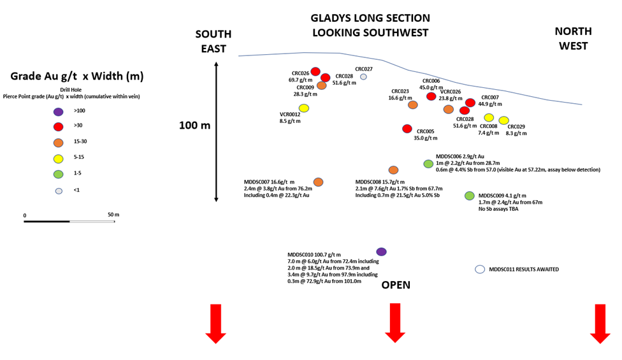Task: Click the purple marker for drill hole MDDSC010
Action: (381, 252)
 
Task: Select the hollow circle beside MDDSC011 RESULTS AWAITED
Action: (480, 270)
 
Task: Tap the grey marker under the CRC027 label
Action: (363, 77)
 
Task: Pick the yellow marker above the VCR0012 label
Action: (304, 108)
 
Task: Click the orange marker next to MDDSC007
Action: (318, 182)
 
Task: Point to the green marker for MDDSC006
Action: (428, 164)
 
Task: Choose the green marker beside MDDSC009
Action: (469, 196)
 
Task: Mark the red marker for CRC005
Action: (407, 129)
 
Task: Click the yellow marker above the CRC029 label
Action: (504, 120)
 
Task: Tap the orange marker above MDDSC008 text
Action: (393, 170)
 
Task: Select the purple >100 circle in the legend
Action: (59, 112)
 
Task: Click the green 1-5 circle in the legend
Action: (59, 174)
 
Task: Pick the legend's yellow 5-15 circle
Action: (59, 159)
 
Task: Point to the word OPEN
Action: (396, 285)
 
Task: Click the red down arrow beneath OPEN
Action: (395, 323)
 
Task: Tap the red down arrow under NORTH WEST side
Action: (600, 324)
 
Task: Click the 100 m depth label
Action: (195, 126)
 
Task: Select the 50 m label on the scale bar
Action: (113, 215)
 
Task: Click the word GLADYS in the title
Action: (331, 18)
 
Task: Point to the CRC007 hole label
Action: (490, 97)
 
